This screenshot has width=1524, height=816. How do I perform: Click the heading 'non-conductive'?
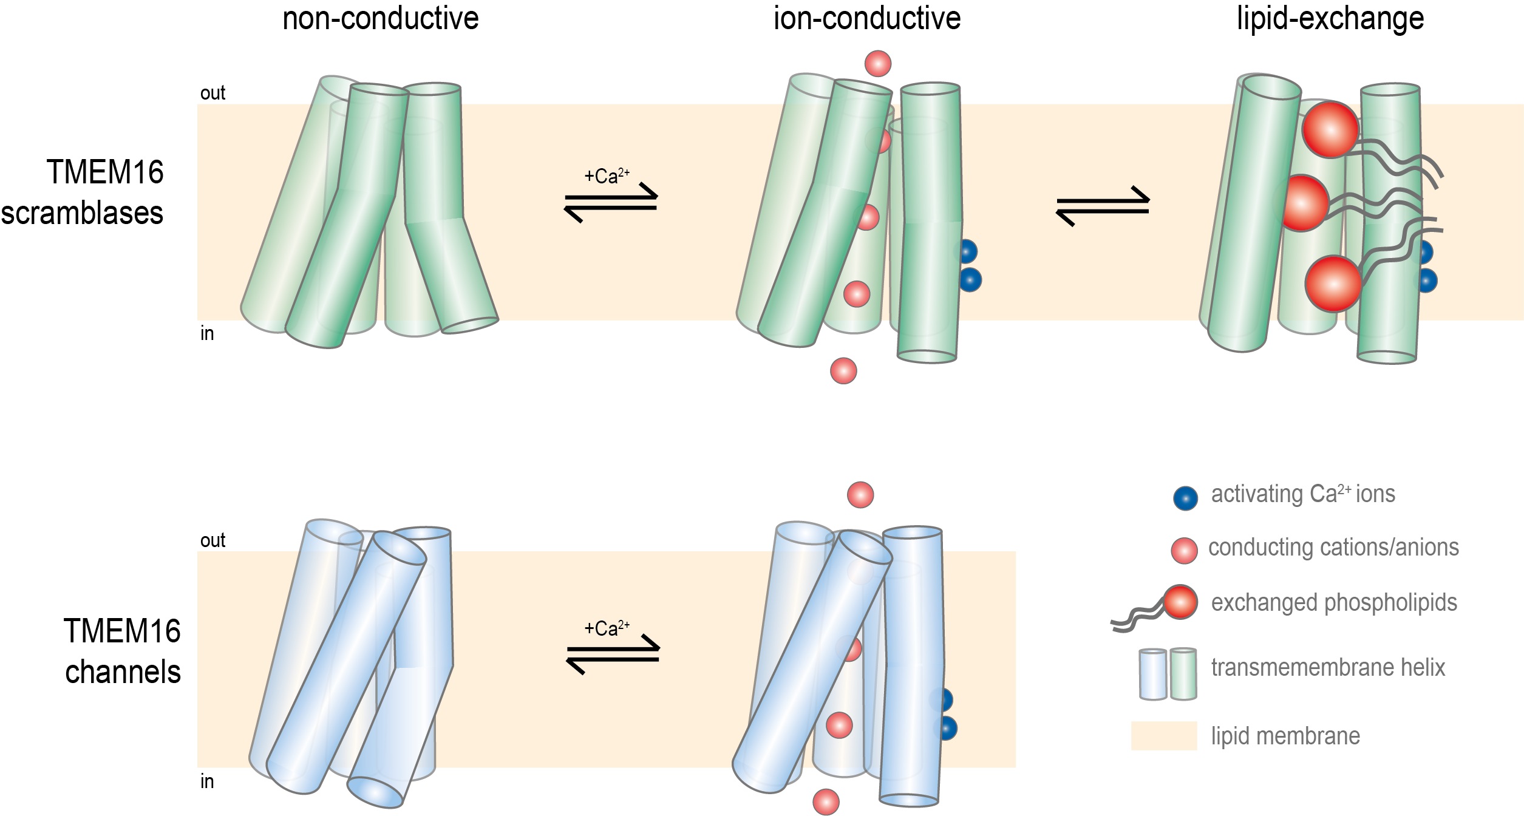[x=381, y=18]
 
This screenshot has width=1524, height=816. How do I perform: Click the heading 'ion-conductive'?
[x=866, y=18]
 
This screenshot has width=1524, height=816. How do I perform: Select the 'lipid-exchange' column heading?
[x=1330, y=18]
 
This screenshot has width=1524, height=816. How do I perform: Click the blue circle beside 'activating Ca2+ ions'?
[x=1185, y=498]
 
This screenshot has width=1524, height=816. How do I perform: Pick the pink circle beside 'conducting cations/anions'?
[x=1184, y=551]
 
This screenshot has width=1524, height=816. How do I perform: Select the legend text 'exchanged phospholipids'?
[x=1334, y=603]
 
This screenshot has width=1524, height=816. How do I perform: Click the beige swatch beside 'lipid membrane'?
[x=1163, y=736]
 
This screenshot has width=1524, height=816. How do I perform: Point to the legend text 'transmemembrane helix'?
[x=1328, y=668]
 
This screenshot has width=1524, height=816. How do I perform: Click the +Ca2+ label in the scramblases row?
[x=607, y=177]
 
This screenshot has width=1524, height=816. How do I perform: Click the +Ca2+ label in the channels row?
[x=607, y=628]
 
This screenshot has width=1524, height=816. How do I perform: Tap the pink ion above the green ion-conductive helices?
[x=877, y=63]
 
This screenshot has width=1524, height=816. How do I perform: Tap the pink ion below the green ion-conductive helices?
[x=843, y=370]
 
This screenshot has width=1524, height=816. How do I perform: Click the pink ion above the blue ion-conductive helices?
[x=860, y=495]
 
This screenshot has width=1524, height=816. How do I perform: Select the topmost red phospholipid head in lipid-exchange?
[x=1330, y=129]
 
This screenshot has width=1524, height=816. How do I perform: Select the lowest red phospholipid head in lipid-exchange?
[x=1333, y=284]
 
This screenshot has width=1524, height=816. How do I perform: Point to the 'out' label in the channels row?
[x=213, y=540]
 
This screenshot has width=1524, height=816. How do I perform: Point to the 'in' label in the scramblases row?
[x=207, y=334]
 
